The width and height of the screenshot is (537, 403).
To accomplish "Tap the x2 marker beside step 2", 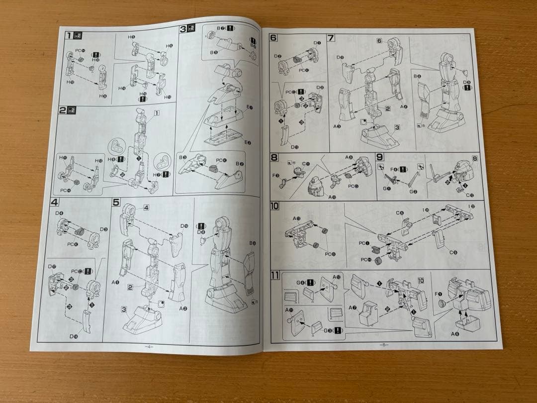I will [71, 110].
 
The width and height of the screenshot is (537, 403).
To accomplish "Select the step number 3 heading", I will [183, 29].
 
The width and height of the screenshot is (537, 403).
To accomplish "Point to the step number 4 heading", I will [55, 202].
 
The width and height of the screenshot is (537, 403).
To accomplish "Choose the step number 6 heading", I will [273, 38].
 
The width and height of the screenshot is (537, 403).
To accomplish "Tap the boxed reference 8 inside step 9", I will [475, 159].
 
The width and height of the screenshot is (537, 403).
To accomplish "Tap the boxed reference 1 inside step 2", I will [157, 113].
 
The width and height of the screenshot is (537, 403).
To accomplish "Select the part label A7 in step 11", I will [354, 307].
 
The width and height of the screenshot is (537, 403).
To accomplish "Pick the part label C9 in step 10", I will [453, 253].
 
